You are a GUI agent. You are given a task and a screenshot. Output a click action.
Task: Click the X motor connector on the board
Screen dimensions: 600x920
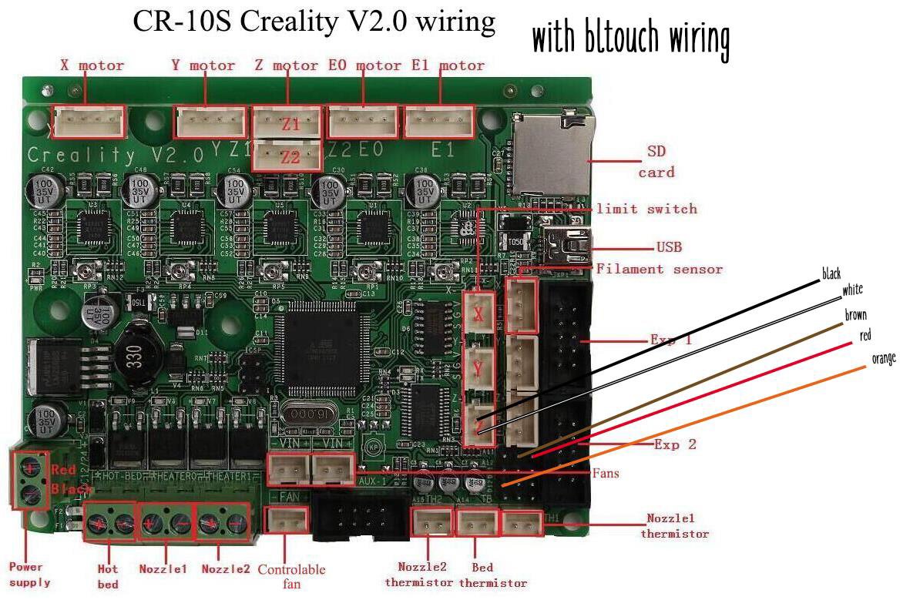point(91,121)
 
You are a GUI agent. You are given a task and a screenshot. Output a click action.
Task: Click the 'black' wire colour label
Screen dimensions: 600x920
point(831,274)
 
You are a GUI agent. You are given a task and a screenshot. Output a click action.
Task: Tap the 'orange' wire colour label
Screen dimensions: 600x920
point(883,359)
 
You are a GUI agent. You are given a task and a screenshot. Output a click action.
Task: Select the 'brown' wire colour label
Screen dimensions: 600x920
point(856,315)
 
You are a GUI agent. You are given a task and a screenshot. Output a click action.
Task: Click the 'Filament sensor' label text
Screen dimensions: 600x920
point(659,269)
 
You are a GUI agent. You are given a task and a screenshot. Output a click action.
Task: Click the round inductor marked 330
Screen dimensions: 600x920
point(139,360)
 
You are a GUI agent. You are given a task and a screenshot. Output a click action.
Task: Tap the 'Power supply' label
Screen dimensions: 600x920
point(30,575)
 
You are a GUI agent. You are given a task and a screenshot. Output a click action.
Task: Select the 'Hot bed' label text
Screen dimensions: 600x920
point(108,576)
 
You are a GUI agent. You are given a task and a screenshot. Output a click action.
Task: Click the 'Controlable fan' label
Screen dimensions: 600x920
point(290,577)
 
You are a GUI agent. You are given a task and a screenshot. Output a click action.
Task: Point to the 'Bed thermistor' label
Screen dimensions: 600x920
point(493,575)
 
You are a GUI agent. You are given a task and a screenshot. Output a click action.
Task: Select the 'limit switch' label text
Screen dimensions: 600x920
point(646,209)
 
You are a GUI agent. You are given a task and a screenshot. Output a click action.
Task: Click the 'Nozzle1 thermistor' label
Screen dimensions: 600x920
point(674,526)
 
